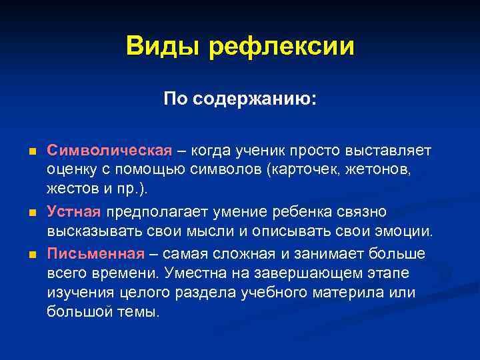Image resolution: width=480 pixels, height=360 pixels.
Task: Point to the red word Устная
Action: point(73,212)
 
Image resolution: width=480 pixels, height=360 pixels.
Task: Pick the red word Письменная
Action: point(95,254)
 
